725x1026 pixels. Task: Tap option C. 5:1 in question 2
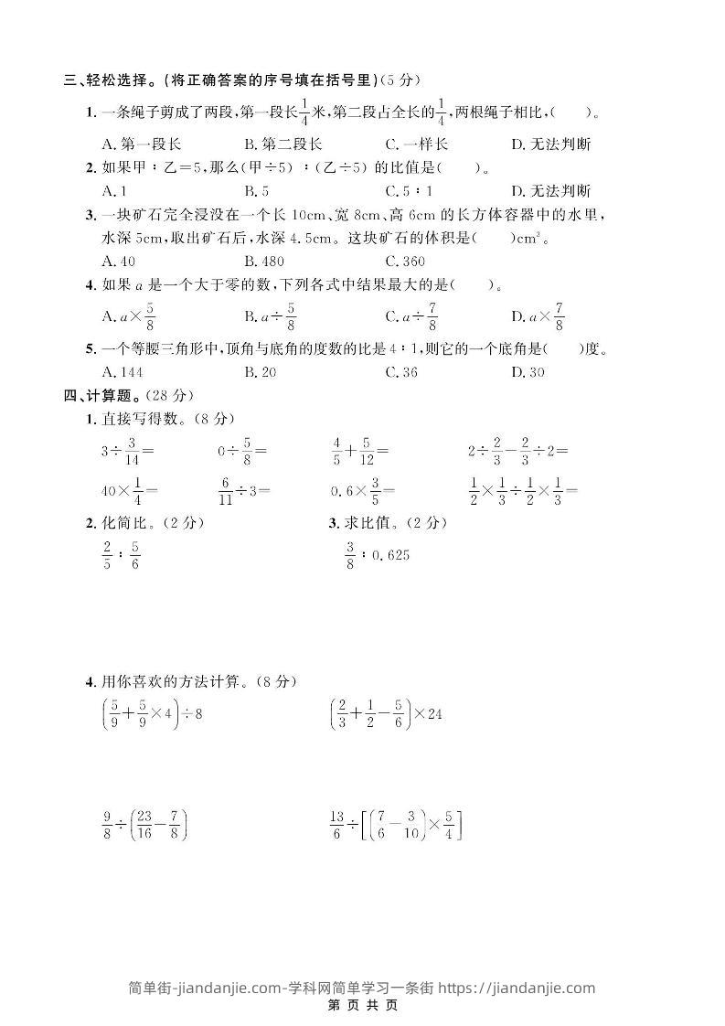[409, 191]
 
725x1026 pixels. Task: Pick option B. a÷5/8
[270, 316]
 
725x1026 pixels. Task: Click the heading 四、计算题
[101, 395]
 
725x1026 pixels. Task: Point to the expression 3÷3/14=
[127, 450]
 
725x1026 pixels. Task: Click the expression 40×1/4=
[129, 490]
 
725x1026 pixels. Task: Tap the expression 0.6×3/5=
[363, 490]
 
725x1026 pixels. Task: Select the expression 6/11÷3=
[244, 490]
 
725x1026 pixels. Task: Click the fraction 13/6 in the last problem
[337, 826]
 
